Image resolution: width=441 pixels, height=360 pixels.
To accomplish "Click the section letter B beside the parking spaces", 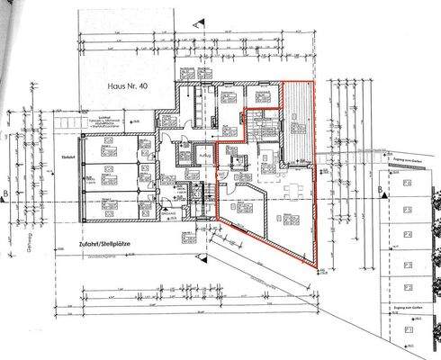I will point(381,189).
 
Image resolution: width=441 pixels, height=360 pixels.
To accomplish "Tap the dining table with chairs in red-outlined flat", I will point(294,190).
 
